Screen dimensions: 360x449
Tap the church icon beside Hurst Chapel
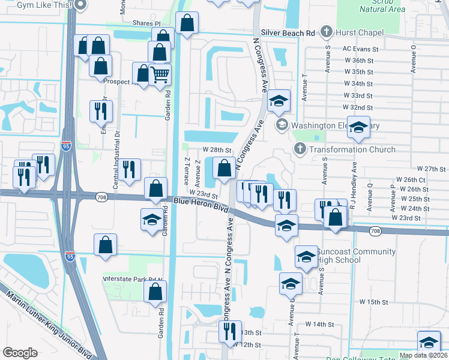(x=327, y=31)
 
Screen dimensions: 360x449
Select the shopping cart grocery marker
(x=160, y=76)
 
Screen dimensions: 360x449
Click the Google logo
(x=20, y=352)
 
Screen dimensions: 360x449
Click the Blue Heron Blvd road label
(x=201, y=205)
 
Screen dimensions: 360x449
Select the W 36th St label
(x=358, y=61)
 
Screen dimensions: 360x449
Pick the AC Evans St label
(x=360, y=49)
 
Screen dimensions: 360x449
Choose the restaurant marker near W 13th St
(x=229, y=330)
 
